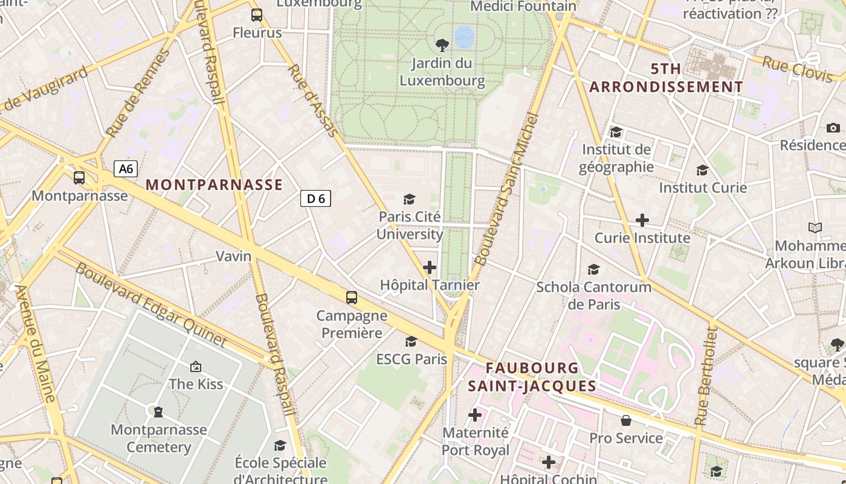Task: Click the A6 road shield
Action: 126,169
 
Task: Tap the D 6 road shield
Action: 315,198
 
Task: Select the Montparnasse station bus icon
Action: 79,177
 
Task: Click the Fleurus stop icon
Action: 257,15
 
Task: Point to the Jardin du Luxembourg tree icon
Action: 442,45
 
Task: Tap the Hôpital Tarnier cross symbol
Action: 430,267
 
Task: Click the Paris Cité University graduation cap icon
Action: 410,199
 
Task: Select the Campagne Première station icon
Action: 351,298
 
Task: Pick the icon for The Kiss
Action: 195,366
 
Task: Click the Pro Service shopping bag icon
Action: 626,420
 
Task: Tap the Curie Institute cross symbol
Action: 642,220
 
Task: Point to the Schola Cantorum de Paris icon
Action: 594,269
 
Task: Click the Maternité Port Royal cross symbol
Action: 475,415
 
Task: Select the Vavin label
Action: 234,256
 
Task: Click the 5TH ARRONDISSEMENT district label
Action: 666,78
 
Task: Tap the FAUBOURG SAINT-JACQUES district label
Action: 532,377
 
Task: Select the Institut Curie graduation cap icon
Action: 702,171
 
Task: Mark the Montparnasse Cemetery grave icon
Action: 158,412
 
